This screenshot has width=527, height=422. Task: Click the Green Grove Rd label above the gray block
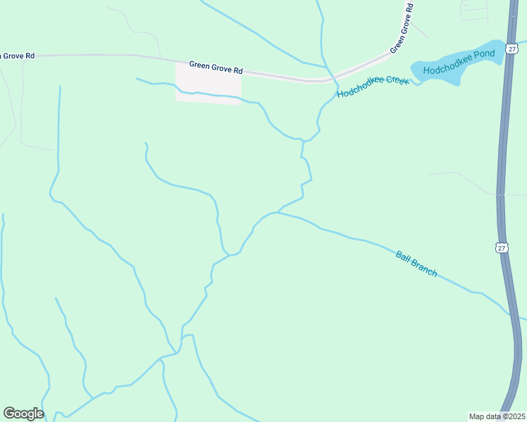[216, 67]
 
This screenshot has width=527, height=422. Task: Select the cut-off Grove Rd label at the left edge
[18, 54]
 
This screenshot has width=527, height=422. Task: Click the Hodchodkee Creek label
[373, 87]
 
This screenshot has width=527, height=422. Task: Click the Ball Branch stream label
[416, 264]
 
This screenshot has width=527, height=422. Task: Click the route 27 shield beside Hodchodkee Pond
[512, 49]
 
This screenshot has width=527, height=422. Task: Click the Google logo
[23, 414]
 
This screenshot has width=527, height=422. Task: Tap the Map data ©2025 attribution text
[497, 416]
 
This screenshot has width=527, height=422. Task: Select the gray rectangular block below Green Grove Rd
[208, 83]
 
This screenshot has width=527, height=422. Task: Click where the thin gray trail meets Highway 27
[498, 194]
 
